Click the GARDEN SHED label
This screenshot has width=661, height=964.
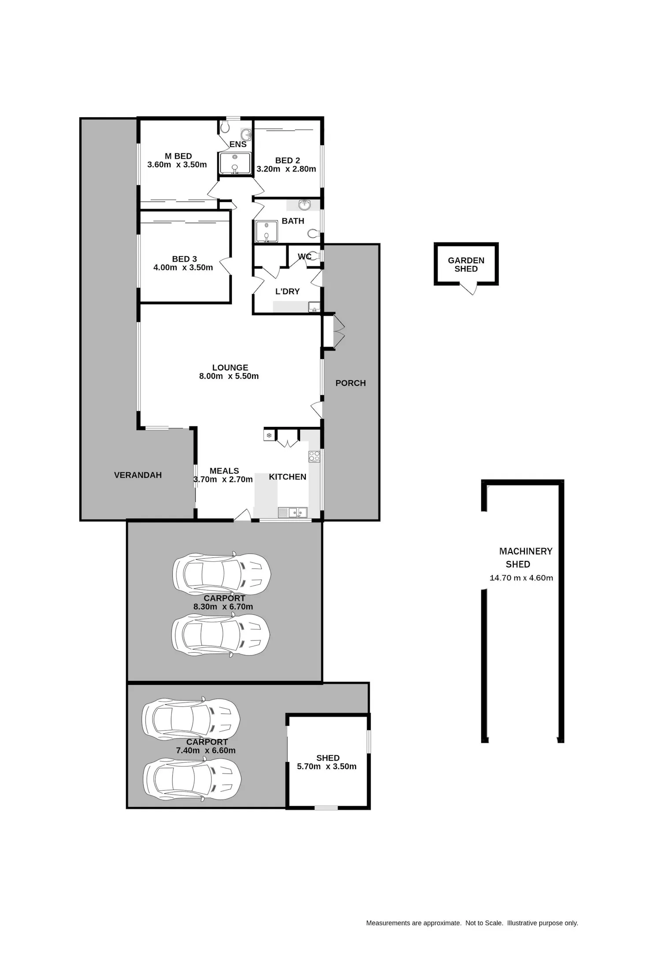[466, 265]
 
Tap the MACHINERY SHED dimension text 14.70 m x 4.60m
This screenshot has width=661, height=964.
[521, 578]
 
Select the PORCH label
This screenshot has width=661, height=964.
[351, 383]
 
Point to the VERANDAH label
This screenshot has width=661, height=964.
[138, 475]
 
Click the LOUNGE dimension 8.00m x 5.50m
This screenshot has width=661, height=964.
[229, 376]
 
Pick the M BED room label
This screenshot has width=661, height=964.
[178, 156]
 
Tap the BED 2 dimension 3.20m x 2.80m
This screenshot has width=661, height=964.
[286, 169]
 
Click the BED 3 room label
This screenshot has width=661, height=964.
[185, 259]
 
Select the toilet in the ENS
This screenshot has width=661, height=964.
[225, 127]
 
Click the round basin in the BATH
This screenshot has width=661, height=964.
[304, 205]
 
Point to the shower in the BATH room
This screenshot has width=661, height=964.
[267, 232]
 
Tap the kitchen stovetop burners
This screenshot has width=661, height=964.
[314, 456]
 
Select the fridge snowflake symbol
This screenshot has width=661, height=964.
[269, 436]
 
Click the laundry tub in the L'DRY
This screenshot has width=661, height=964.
[314, 307]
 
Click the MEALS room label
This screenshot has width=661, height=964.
[224, 471]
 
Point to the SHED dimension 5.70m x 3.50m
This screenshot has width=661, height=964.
[327, 766]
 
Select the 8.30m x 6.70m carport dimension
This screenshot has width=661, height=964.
[223, 607]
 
